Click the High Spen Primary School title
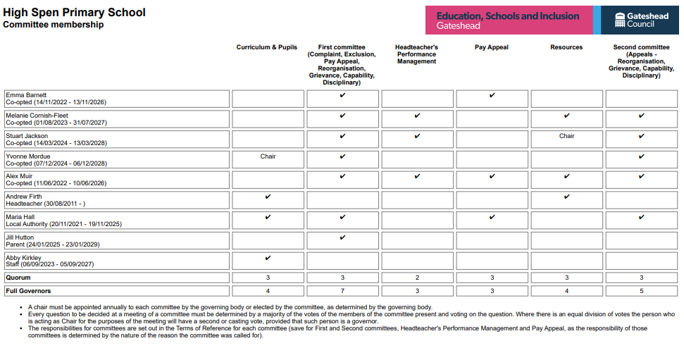coord(75,12)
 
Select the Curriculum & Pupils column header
coord(267,47)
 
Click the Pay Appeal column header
coord(492,47)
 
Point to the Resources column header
coord(566,47)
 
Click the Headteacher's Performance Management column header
coord(416,54)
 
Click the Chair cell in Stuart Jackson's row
coord(567,136)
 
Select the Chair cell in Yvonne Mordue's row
coord(268,156)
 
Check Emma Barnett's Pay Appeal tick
coord(492,95)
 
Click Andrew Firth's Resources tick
coord(567,197)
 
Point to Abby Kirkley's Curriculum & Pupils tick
coord(268,258)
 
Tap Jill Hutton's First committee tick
coord(342,238)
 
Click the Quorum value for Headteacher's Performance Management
coord(417,278)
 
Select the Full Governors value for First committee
coord(342,290)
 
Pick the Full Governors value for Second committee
coord(641,290)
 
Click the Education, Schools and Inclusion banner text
coord(507,16)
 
